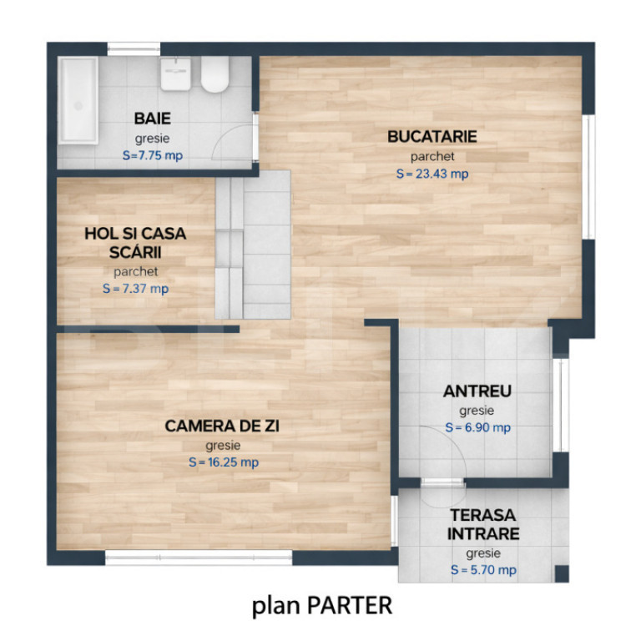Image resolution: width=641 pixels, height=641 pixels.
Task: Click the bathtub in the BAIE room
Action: click(x=78, y=100)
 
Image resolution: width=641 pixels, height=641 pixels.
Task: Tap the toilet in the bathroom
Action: click(x=215, y=74)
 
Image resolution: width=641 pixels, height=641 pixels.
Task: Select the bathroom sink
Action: click(x=176, y=74)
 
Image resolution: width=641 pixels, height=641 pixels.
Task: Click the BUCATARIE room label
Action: click(x=432, y=137)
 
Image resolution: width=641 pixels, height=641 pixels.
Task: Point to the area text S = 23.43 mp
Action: click(x=432, y=174)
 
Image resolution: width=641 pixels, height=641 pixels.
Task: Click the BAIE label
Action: click(x=153, y=119)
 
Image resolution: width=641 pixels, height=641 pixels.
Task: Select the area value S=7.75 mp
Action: click(x=153, y=155)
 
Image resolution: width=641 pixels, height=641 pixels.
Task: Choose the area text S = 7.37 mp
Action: click(x=135, y=289)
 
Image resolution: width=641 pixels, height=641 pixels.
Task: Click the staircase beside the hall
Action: click(x=253, y=245)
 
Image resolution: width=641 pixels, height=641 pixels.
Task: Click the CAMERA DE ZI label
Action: click(x=222, y=426)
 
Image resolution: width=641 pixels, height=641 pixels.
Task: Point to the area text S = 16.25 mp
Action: click(x=224, y=462)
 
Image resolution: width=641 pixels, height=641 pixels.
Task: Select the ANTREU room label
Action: click(x=477, y=391)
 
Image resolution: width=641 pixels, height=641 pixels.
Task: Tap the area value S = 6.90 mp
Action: click(x=477, y=427)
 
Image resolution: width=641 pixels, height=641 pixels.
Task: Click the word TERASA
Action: click(x=482, y=515)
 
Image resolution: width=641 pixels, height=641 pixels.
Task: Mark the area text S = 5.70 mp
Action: click(x=483, y=570)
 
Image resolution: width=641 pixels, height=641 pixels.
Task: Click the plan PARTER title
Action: click(x=321, y=606)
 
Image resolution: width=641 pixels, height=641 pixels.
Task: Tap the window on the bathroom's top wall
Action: click(x=134, y=49)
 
